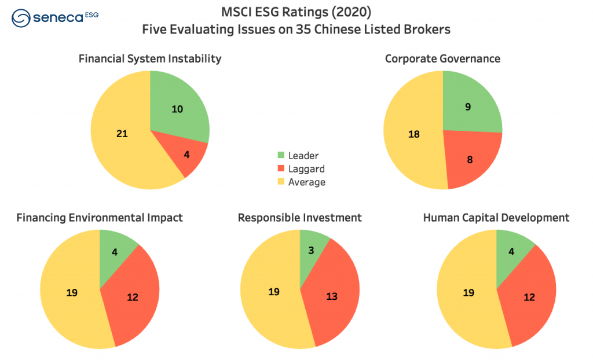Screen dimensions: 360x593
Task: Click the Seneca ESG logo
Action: (55, 17)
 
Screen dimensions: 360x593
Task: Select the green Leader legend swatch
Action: (281, 155)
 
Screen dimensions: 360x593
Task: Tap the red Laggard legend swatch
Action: (281, 168)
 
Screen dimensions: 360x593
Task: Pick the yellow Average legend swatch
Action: (281, 182)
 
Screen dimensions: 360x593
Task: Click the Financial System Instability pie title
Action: (150, 58)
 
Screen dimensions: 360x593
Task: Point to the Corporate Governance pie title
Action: (442, 58)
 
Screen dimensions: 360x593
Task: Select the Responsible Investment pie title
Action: (299, 218)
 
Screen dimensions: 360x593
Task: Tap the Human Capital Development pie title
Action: (496, 218)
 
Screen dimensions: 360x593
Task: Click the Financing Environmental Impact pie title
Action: (100, 218)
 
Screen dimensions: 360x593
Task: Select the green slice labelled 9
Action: (468, 107)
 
